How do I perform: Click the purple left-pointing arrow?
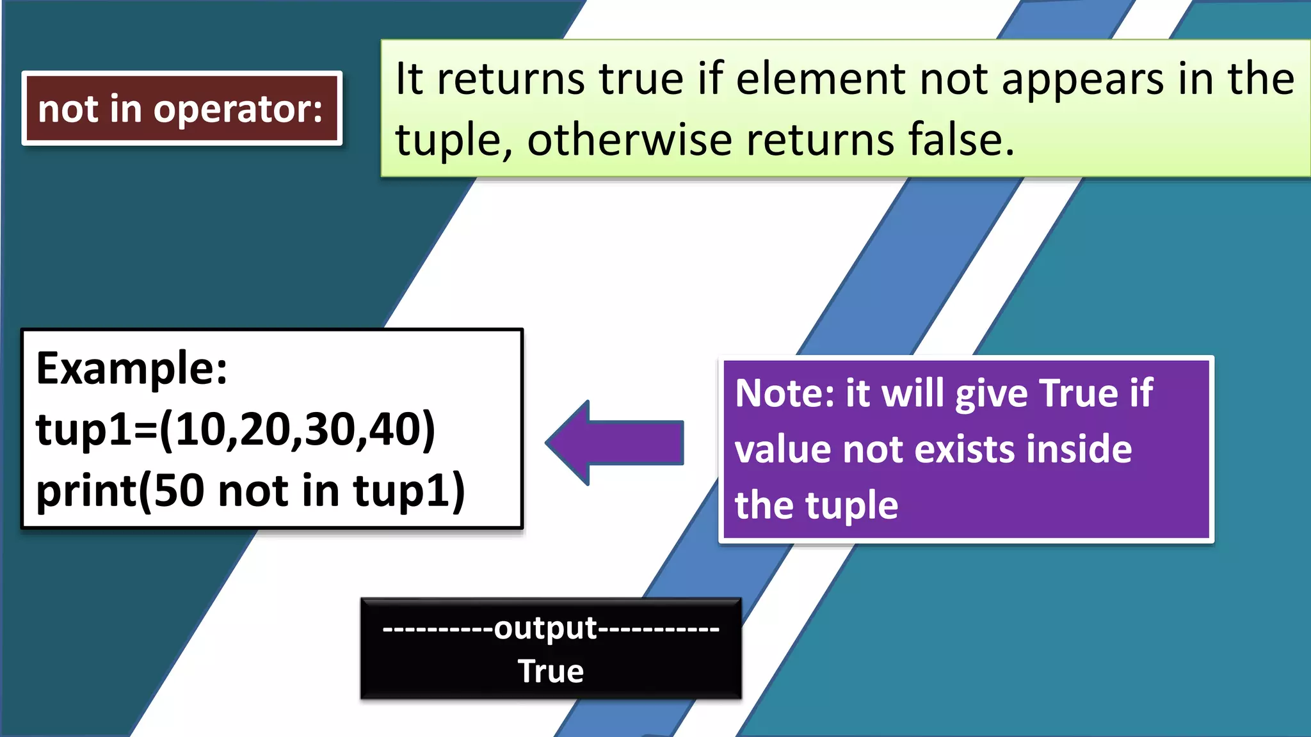pyautogui.click(x=615, y=443)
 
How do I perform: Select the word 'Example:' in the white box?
pyautogui.click(x=132, y=368)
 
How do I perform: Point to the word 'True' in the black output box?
pyautogui.click(x=551, y=671)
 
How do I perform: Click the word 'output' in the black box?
pyautogui.click(x=545, y=628)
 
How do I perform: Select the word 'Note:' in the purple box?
pyautogui.click(x=785, y=393)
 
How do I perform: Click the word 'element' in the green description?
pyautogui.click(x=820, y=79)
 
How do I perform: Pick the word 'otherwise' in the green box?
pyautogui.click(x=629, y=139)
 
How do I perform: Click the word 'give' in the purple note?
pyautogui.click(x=992, y=394)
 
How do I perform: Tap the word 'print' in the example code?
pyautogui.click(x=86, y=491)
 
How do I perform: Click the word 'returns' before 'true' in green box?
pyautogui.click(x=511, y=79)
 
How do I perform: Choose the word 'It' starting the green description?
pyautogui.click(x=409, y=79)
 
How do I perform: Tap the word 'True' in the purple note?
pyautogui.click(x=1078, y=393)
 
